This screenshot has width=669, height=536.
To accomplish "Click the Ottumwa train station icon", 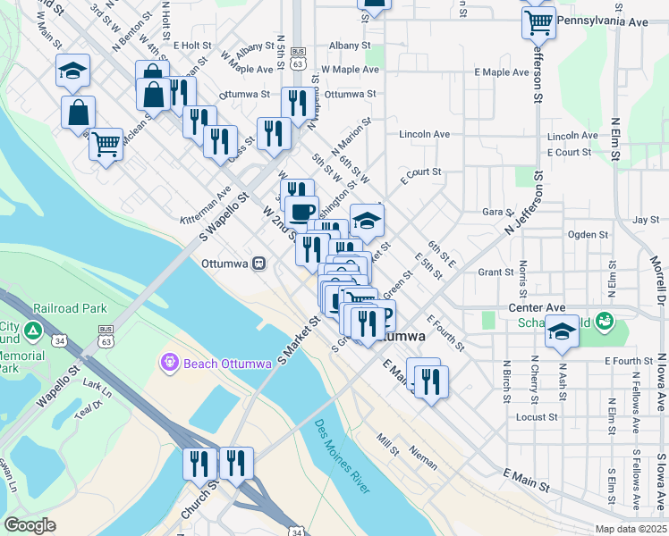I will [259, 264].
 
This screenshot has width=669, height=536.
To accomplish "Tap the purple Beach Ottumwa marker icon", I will [170, 362].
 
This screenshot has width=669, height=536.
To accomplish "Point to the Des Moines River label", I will [342, 456].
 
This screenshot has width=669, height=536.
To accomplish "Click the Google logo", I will [30, 525].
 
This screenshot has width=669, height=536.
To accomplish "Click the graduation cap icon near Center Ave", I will [561, 331].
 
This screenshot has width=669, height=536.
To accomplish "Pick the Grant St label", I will [495, 272].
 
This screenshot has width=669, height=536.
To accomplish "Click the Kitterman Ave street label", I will [206, 206].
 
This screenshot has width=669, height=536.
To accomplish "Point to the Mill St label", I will [387, 441].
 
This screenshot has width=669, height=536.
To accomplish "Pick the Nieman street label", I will [423, 457].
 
